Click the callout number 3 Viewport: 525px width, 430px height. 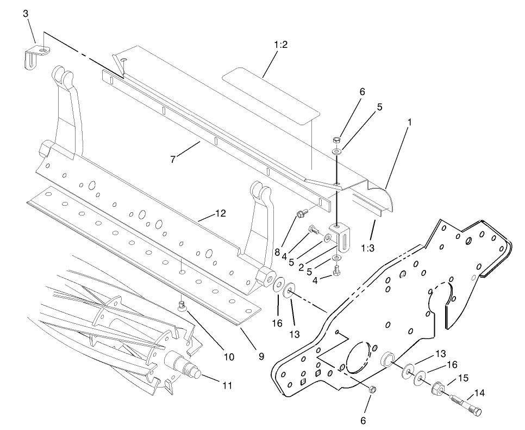tap(26, 14)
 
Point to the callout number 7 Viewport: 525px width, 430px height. tap(173, 159)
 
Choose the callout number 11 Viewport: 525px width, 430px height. tap(227, 385)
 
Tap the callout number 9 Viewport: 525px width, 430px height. tap(261, 357)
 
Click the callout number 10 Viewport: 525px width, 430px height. tap(229, 357)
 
